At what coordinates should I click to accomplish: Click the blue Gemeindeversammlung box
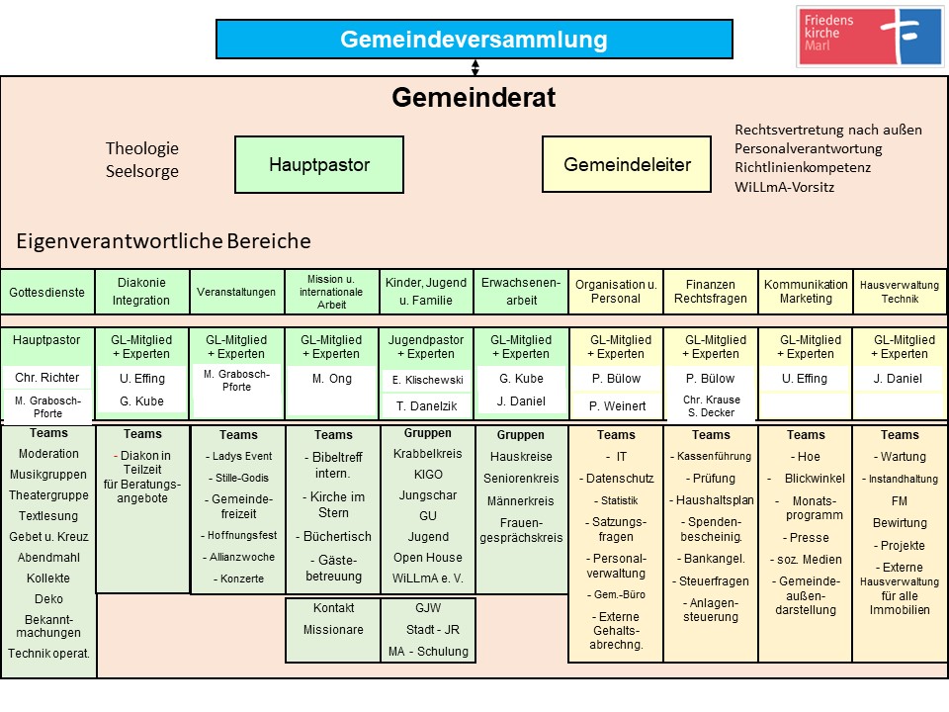(474, 40)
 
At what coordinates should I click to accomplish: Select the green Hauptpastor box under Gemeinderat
(319, 164)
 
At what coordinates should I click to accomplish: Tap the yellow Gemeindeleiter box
(627, 164)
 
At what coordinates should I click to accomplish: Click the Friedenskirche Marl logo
(870, 37)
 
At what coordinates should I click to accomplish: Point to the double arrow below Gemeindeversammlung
(475, 67)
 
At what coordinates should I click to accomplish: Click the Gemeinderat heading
(474, 98)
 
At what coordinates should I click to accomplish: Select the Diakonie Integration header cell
(141, 292)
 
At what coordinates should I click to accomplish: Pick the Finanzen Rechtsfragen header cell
(710, 292)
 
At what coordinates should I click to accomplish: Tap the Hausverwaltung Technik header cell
(900, 292)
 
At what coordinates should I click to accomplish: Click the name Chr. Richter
(47, 378)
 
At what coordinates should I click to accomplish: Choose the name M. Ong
(332, 378)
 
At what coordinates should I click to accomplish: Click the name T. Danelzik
(427, 405)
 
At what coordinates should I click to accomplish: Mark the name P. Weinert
(616, 405)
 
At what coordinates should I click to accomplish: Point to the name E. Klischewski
(427, 379)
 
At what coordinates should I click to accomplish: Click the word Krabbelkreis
(427, 454)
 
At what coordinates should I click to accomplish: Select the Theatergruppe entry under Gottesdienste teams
(47, 495)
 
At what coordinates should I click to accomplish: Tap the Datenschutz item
(616, 479)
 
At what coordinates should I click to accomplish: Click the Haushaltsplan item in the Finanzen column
(710, 500)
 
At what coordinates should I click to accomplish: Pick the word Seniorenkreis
(521, 479)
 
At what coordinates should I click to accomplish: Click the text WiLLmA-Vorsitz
(785, 186)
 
